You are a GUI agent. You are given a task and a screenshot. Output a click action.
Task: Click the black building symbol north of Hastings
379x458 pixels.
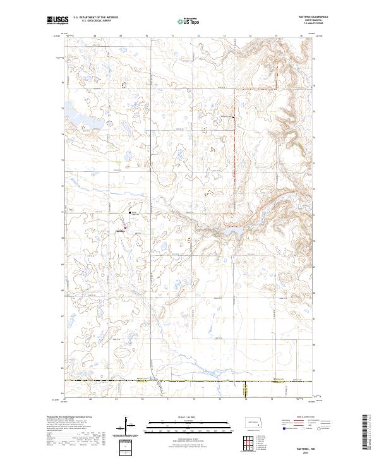130,212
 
